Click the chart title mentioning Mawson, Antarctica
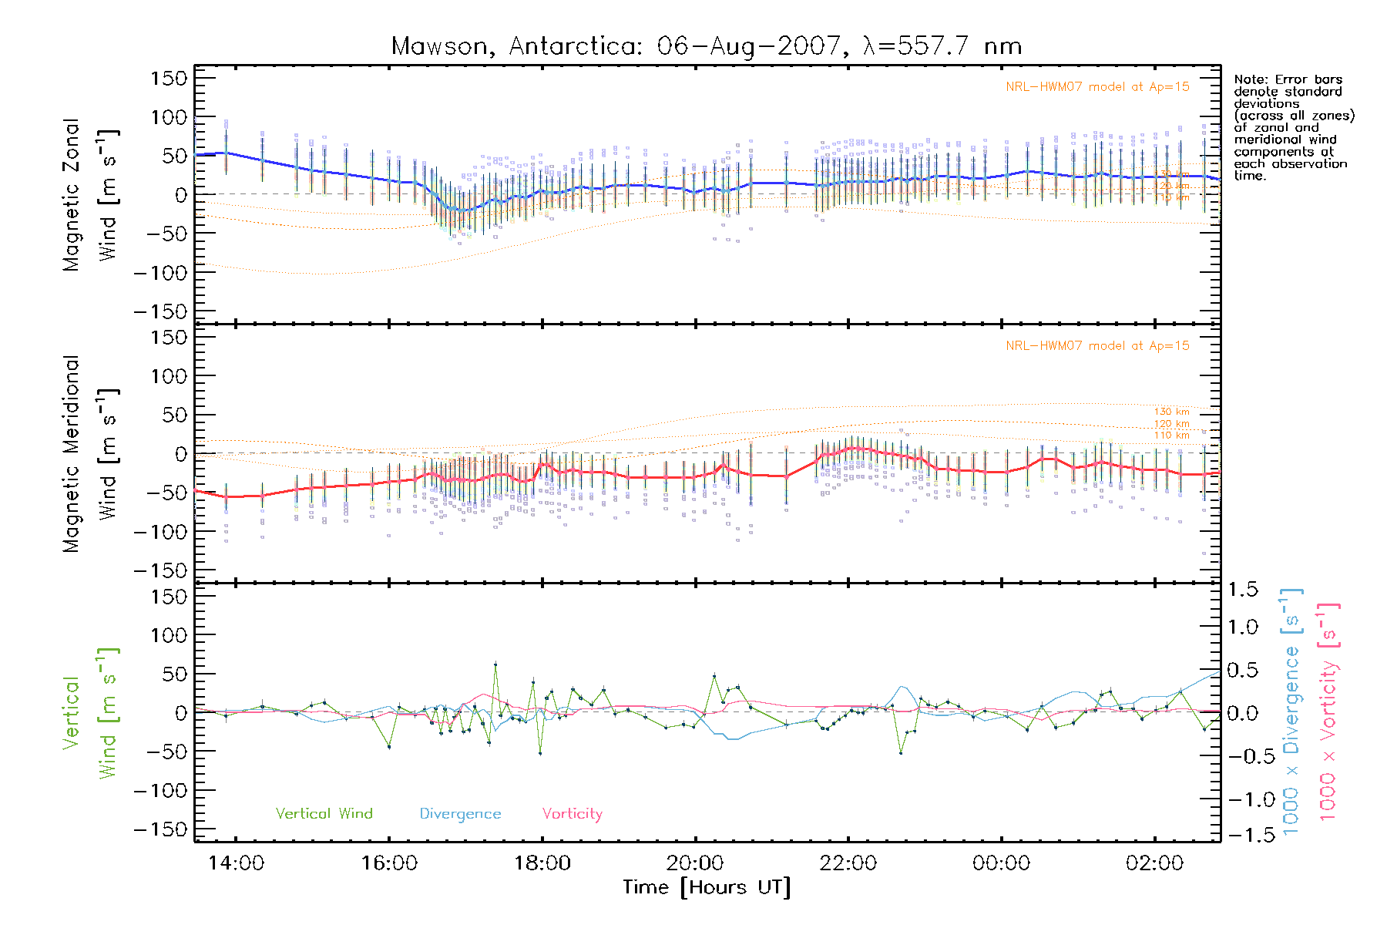[x=707, y=46]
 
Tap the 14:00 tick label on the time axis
[x=236, y=863]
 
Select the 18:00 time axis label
[x=542, y=863]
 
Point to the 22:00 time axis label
[x=848, y=863]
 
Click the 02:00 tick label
[x=1154, y=863]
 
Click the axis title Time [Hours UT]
[x=707, y=887]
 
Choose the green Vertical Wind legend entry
[x=324, y=813]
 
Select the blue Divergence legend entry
[x=460, y=813]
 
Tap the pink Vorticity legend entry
[x=572, y=813]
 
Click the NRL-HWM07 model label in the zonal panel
[x=1097, y=87]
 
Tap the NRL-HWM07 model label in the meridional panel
[x=1097, y=346]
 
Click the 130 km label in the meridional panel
[x=1171, y=412]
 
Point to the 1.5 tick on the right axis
[x=1242, y=590]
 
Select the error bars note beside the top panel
[x=1294, y=127]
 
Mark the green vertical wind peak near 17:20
[x=495, y=664]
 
